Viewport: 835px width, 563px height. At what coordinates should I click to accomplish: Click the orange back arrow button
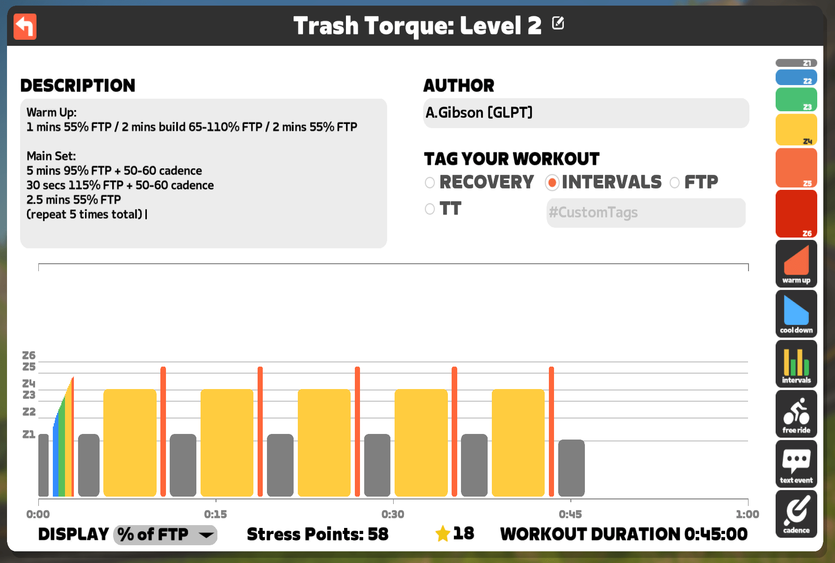tap(25, 26)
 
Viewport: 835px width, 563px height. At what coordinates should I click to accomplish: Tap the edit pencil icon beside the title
tap(558, 23)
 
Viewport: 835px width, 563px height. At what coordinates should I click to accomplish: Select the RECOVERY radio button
tap(430, 182)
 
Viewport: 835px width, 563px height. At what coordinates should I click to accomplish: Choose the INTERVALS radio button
tap(552, 182)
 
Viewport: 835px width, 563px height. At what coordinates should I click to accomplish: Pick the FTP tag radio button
tap(675, 182)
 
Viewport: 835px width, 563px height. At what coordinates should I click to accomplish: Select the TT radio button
tap(430, 209)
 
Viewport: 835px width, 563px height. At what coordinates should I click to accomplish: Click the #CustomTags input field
tap(646, 213)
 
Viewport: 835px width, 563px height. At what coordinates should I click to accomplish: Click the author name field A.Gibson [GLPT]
tap(586, 113)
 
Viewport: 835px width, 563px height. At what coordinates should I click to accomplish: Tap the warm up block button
tap(796, 264)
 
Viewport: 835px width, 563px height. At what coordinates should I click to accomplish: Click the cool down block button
tap(796, 314)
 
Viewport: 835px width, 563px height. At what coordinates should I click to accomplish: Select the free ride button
tap(796, 414)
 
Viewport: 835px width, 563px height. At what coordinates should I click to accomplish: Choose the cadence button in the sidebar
tap(796, 514)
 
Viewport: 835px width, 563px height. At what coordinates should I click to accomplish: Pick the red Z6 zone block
tap(796, 214)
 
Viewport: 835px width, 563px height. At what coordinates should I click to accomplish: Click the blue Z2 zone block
tap(796, 78)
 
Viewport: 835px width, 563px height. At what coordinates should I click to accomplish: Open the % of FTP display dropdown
tap(165, 534)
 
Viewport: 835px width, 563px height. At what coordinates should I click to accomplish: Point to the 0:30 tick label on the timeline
tap(393, 514)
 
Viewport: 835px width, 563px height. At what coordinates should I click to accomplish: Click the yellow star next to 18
tap(442, 534)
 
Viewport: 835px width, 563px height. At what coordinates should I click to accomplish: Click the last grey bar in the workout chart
tap(571, 468)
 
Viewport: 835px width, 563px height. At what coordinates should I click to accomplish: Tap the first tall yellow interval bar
tap(130, 443)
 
